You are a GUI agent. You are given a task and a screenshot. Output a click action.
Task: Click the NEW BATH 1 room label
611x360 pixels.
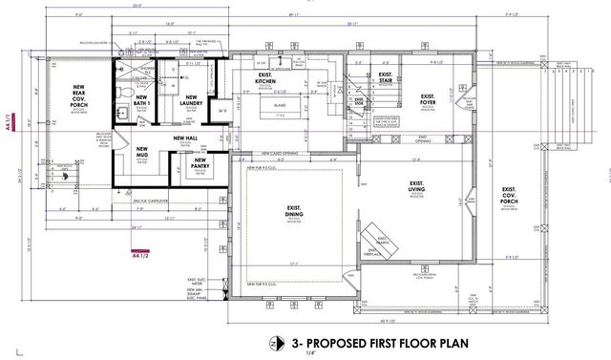click(x=142, y=100)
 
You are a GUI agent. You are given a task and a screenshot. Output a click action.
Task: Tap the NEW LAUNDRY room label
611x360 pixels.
click(x=191, y=100)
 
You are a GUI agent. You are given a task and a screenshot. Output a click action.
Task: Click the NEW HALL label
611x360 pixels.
click(x=185, y=139)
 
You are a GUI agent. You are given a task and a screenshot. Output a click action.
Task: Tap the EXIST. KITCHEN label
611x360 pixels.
click(x=266, y=78)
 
